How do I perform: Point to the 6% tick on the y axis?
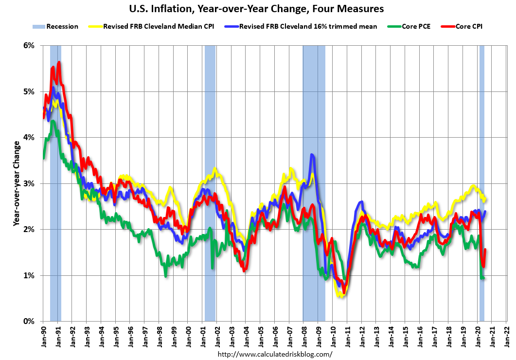[x=29, y=46]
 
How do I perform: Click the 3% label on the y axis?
[x=29, y=183]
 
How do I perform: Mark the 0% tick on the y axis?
[x=29, y=321]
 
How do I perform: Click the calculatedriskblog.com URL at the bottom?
[x=275, y=354]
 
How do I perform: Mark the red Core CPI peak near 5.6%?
[x=59, y=62]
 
